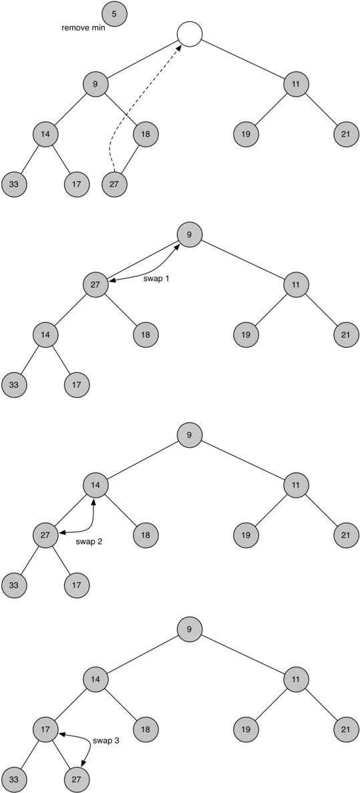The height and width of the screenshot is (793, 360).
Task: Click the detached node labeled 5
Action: (114, 13)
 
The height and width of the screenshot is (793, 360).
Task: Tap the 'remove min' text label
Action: (83, 28)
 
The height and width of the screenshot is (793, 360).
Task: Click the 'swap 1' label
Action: (156, 278)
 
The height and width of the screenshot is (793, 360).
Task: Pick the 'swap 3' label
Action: (106, 740)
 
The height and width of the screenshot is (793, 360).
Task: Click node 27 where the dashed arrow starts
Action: (114, 184)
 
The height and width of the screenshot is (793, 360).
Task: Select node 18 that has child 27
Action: (146, 134)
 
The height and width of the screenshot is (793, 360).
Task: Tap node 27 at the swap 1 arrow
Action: (96, 284)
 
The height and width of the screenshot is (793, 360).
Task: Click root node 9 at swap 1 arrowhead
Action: (190, 234)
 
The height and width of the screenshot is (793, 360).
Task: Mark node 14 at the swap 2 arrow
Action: (96, 485)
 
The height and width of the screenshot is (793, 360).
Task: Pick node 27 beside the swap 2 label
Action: (45, 535)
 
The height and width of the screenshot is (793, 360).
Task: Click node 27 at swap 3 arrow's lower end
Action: (77, 778)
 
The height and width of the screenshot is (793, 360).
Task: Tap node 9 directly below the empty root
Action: (96, 84)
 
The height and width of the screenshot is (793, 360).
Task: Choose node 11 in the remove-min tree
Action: (295, 84)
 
